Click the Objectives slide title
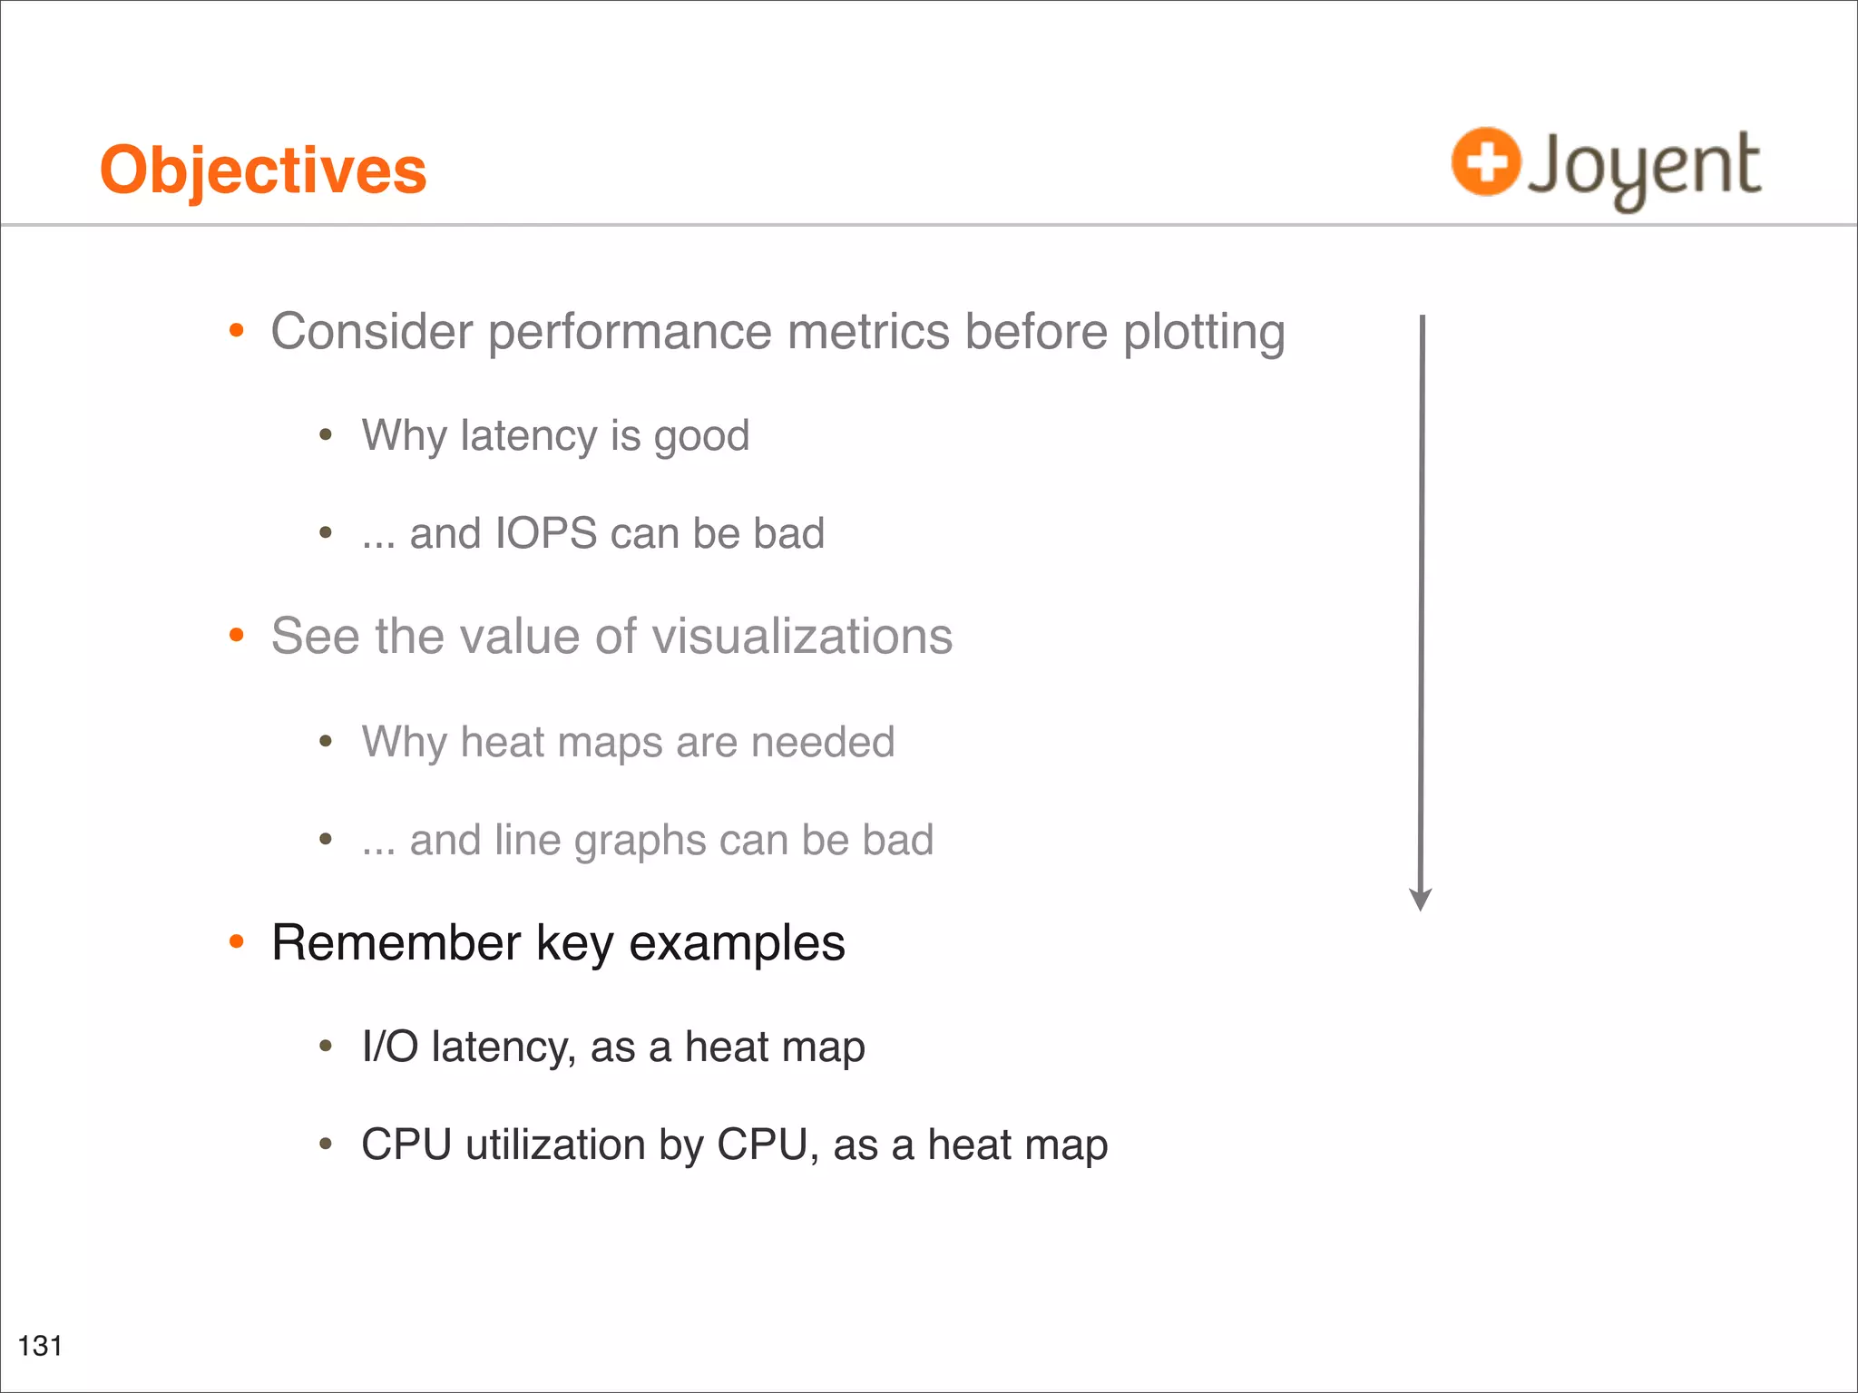coord(263,170)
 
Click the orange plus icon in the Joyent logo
coord(1485,162)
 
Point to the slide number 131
coord(40,1345)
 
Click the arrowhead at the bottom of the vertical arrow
coord(1421,900)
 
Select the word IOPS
coord(546,533)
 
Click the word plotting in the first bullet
coord(1204,333)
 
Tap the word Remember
coord(396,943)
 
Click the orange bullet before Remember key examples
coord(237,942)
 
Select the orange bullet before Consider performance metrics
coord(237,331)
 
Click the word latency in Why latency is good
coord(528,435)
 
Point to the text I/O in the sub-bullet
coord(389,1047)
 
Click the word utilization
coord(555,1145)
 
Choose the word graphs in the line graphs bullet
coord(640,841)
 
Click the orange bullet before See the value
coord(237,636)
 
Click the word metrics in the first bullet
coord(868,331)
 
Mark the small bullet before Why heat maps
coord(326,742)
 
